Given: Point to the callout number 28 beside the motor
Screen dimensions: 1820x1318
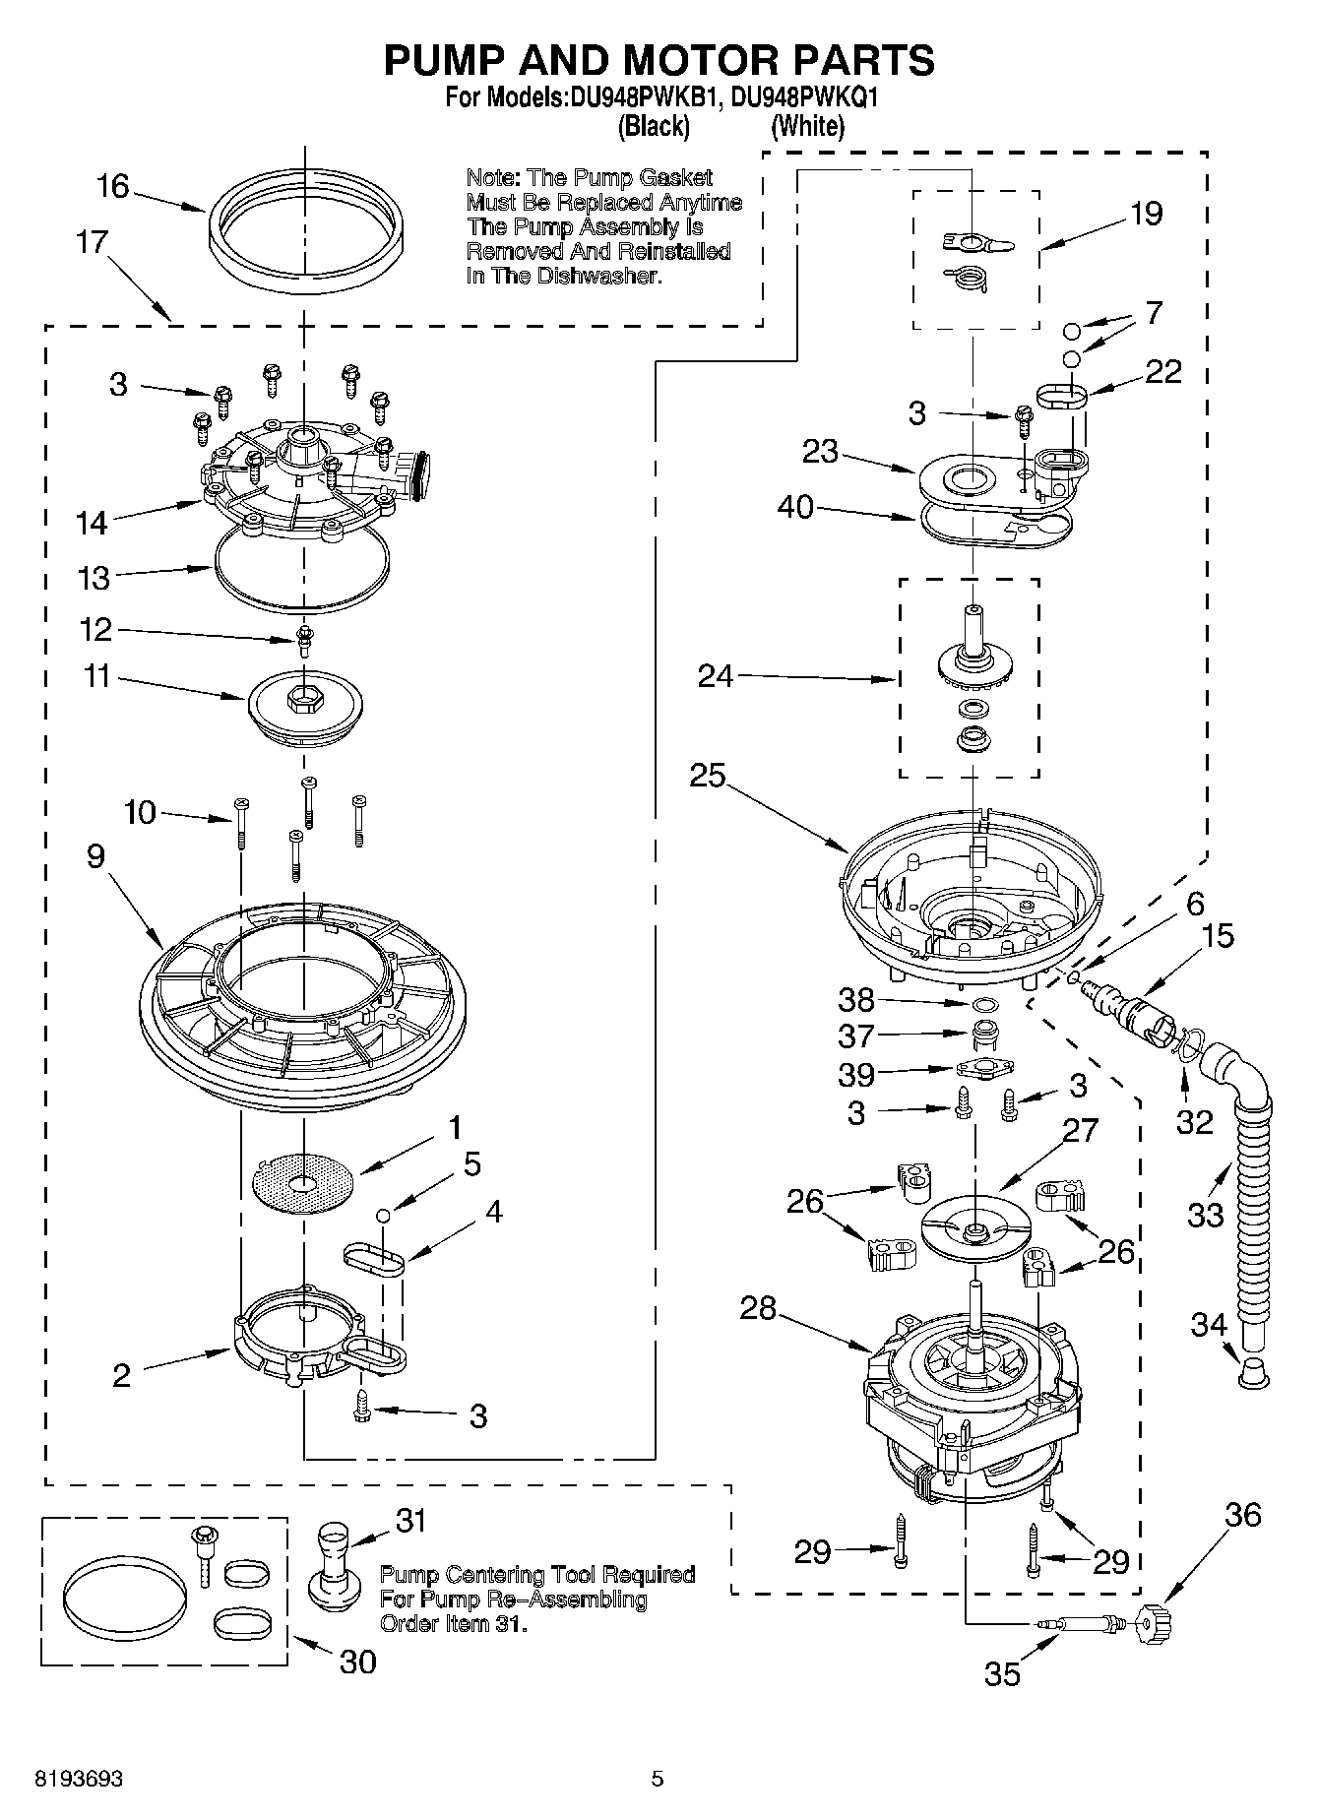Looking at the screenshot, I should click(x=759, y=1309).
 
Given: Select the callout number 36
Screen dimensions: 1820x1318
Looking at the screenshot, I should click(x=1242, y=1514).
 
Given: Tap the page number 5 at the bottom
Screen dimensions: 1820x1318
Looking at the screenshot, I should click(x=658, y=1779).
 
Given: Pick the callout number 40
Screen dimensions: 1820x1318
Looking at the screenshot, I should click(x=795, y=507).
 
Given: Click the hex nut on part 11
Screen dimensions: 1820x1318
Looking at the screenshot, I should click(x=302, y=698).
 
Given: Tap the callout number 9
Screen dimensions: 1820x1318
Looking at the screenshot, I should click(x=95, y=855).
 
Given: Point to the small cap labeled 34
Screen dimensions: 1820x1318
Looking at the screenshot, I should click(x=1251, y=1372).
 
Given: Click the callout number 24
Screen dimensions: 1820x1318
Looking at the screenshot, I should click(x=716, y=676).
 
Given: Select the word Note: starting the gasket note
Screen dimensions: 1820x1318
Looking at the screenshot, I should click(x=493, y=178).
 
